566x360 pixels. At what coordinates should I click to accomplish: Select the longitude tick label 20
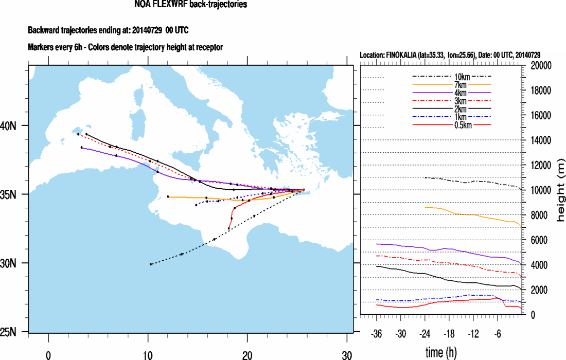[247, 354]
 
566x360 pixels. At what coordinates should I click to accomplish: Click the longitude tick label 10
[148, 354]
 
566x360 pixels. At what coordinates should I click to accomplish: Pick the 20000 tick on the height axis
[541, 65]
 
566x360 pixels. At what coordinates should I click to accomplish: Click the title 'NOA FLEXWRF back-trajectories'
[190, 5]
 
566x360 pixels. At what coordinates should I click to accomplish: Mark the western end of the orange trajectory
[168, 196]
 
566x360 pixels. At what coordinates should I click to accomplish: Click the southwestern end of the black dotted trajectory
[150, 264]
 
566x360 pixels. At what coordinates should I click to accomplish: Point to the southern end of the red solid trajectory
[229, 228]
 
